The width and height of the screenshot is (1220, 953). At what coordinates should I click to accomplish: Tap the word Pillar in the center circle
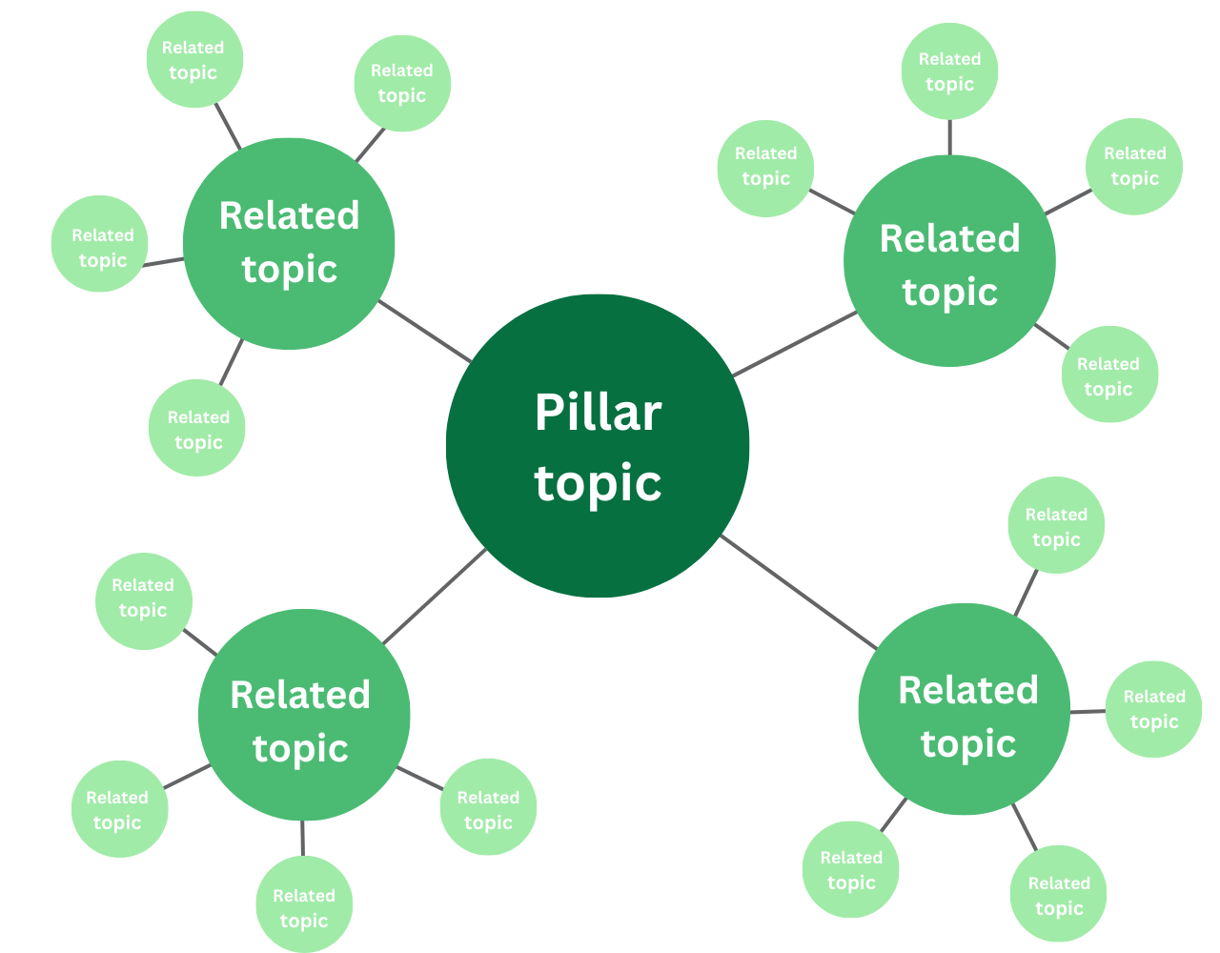coord(598,413)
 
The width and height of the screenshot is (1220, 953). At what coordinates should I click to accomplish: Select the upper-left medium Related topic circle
coord(289,243)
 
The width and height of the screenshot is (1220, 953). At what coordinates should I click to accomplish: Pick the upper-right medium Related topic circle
coord(949,261)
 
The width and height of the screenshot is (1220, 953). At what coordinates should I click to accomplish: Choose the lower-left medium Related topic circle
coord(303,715)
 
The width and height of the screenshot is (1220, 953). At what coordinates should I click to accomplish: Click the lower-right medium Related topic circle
coord(964,709)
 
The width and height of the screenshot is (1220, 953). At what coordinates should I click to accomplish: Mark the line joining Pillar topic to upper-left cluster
coord(425,331)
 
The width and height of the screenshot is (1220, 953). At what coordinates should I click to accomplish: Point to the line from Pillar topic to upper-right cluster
coord(795,344)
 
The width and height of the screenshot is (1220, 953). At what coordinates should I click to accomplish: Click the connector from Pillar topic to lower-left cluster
coord(435,597)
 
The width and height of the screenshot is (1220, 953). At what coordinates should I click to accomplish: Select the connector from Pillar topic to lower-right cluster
coord(799,592)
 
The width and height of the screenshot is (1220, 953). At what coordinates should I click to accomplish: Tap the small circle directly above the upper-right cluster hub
coord(949,71)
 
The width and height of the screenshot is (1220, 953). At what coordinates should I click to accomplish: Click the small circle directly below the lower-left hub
coord(304,903)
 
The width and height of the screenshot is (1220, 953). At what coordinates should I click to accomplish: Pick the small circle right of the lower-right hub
coord(1153,709)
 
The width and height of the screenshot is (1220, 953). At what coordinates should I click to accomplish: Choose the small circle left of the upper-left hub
coord(100,244)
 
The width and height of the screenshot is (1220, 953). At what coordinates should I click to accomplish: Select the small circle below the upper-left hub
coord(197,428)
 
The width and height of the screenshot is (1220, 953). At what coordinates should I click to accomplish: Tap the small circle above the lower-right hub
coord(1056,525)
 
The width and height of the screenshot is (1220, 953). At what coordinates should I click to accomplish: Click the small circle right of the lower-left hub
coord(488,807)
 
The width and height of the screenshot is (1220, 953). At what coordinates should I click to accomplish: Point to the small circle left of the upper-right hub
coord(765,168)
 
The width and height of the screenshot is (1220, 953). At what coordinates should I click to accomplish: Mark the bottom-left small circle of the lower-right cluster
coord(851,869)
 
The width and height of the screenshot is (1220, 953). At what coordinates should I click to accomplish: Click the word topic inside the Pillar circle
coord(598,483)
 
